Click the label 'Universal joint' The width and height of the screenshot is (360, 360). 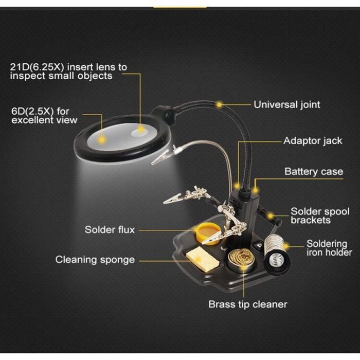(286, 105)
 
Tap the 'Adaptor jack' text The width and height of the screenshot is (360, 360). (313, 141)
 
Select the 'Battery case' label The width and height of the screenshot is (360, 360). (314, 172)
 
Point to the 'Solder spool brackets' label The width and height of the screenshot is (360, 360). (320, 216)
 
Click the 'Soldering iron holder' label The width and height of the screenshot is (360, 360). (329, 248)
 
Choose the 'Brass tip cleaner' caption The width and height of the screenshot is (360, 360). (247, 304)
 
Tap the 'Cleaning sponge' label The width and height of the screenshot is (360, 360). (95, 260)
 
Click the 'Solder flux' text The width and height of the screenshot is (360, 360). (110, 229)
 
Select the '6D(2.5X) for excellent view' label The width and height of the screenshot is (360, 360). (44, 116)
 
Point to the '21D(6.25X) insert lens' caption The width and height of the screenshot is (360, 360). (68, 71)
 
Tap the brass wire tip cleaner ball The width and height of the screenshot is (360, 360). (238, 260)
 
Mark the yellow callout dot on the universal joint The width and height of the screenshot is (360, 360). (220, 104)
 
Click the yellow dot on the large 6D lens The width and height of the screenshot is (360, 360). (102, 139)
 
